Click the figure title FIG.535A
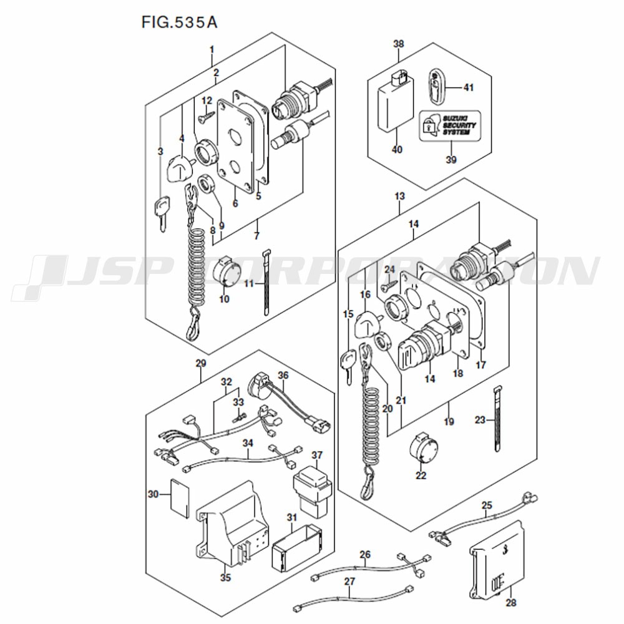(180, 22)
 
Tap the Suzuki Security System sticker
(450, 126)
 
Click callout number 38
(398, 44)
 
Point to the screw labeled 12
(205, 116)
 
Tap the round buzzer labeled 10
(227, 271)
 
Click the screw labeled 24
(389, 283)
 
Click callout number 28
(510, 603)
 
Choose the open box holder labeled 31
(296, 545)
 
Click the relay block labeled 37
(313, 492)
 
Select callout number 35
(225, 577)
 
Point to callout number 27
(349, 581)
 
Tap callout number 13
(399, 196)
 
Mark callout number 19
(449, 421)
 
